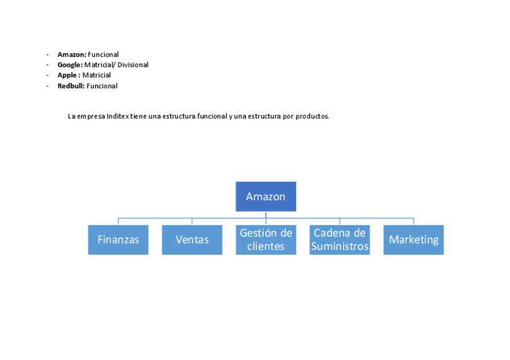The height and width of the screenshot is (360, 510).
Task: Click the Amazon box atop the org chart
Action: point(265,197)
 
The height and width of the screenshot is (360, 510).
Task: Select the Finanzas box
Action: point(118,240)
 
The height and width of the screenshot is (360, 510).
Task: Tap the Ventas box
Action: point(192,240)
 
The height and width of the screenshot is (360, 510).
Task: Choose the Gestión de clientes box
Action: point(266,240)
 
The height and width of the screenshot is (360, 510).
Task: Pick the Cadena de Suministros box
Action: point(340,240)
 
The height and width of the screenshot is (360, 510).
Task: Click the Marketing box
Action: point(413,240)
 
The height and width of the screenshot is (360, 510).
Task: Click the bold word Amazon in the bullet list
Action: point(72,55)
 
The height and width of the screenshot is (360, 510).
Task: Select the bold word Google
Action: point(70,65)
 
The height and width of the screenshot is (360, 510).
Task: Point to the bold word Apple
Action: point(67,75)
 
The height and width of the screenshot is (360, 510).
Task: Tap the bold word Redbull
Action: point(71,86)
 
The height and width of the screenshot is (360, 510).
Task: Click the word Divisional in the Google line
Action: point(133,65)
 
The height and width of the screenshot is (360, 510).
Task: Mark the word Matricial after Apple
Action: point(97,75)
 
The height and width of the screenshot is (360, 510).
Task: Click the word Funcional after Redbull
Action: point(102,86)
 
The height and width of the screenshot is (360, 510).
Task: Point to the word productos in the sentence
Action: point(312,117)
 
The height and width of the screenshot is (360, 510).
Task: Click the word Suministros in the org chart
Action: point(340,246)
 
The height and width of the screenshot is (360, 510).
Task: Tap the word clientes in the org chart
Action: point(266,246)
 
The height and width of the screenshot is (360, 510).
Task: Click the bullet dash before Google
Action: point(48,65)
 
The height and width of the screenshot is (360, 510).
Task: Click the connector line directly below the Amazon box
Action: point(266,215)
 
